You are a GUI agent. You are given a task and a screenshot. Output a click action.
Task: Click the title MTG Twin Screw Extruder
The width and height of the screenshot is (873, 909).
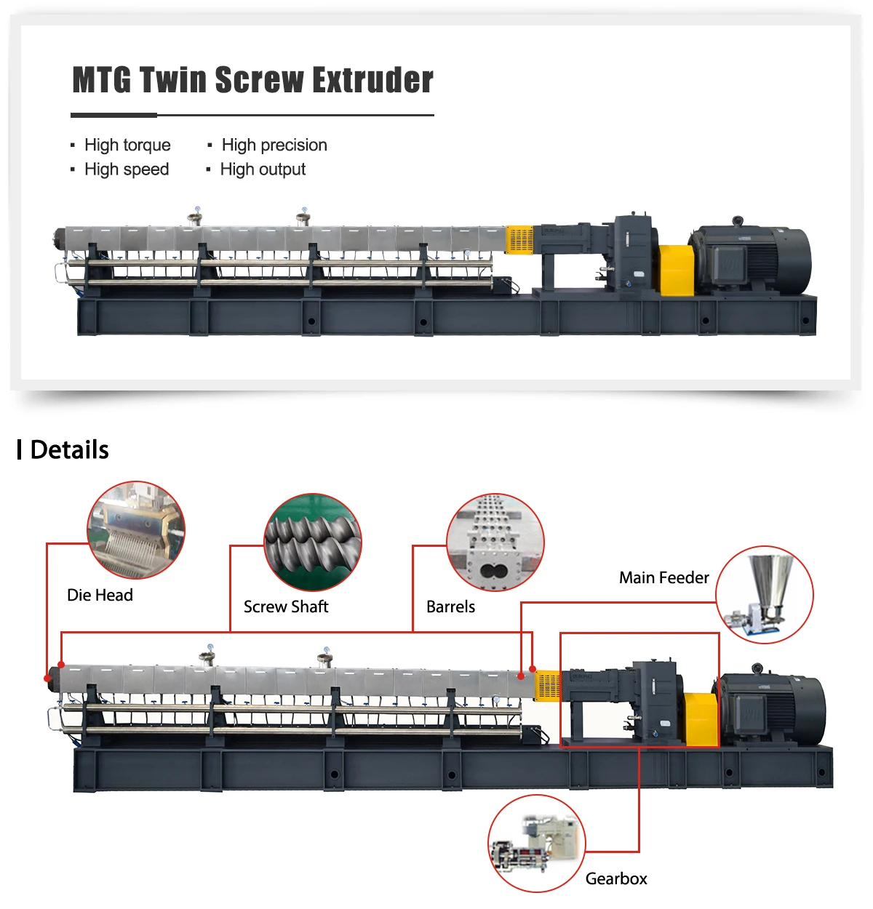(x=252, y=80)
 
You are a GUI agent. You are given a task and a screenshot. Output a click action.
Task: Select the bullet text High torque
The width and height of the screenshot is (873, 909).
(x=127, y=145)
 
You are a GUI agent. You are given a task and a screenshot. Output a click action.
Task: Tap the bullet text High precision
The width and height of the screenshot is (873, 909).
(x=274, y=145)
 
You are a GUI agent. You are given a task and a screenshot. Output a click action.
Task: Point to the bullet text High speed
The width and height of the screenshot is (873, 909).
(x=127, y=169)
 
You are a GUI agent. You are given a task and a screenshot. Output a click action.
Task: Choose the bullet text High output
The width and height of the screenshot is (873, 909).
(x=263, y=169)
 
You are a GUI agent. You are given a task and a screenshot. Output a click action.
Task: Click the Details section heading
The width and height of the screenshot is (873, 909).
(x=69, y=449)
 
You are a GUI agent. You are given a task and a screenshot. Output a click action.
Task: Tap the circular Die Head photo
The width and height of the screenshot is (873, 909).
(x=136, y=529)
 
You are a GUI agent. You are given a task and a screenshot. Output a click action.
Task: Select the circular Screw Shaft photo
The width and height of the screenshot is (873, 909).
(x=313, y=542)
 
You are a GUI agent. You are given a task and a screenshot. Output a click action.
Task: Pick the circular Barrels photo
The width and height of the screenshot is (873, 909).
(x=495, y=542)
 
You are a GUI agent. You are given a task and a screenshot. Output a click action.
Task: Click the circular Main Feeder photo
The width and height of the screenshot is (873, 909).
(x=765, y=594)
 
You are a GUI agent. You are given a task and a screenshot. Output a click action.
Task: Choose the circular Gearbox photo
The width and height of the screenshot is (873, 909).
(x=536, y=844)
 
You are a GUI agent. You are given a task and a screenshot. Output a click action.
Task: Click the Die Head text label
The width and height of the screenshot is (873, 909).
(x=100, y=595)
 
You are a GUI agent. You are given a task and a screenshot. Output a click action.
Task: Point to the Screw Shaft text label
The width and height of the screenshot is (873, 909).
(x=286, y=606)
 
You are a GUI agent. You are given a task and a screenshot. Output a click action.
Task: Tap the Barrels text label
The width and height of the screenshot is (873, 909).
(x=450, y=606)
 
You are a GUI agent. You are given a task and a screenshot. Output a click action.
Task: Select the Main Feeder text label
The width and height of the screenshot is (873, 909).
(x=663, y=577)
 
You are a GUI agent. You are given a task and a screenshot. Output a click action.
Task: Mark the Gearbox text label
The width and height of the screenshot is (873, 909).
(x=616, y=878)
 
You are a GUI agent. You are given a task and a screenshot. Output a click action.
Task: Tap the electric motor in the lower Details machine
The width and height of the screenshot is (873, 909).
(x=773, y=709)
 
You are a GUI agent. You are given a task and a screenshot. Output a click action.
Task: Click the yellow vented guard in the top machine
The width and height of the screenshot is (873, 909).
(x=519, y=240)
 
